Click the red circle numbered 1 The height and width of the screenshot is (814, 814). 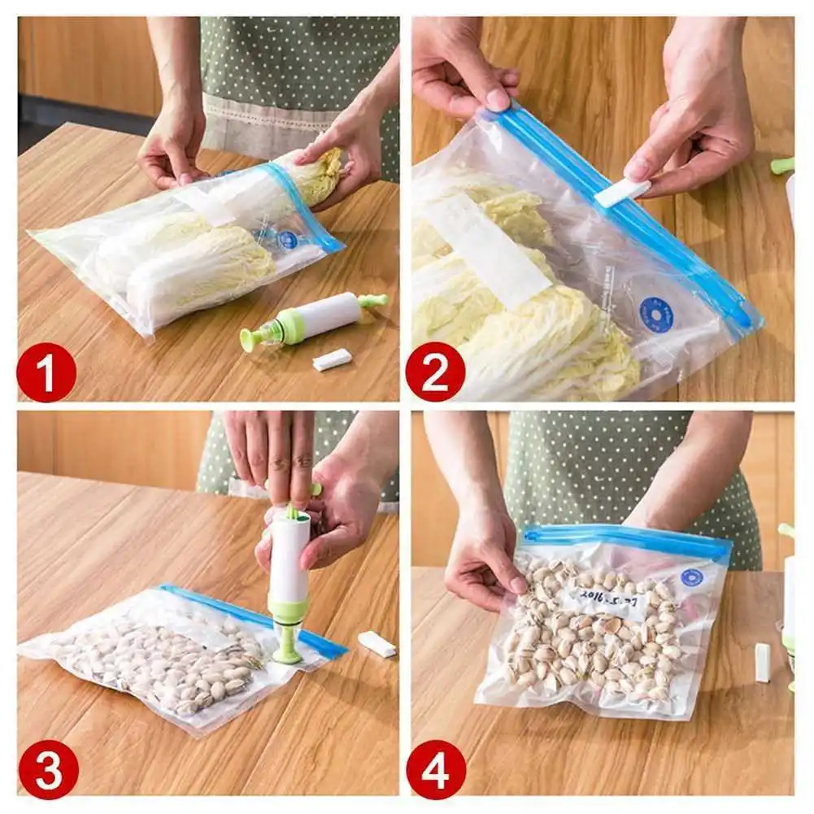(x=46, y=372)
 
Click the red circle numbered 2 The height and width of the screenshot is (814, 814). (x=435, y=372)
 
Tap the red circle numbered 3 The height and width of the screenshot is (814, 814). (x=48, y=768)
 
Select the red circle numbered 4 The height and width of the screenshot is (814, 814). (x=436, y=768)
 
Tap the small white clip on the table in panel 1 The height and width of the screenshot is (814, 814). (x=332, y=359)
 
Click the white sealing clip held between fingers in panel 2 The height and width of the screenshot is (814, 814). (x=622, y=193)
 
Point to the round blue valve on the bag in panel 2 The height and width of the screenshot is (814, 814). (x=655, y=315)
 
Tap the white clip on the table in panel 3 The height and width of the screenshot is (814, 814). (x=377, y=644)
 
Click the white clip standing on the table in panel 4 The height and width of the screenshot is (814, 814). (x=762, y=662)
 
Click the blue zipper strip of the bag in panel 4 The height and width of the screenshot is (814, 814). (x=626, y=540)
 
